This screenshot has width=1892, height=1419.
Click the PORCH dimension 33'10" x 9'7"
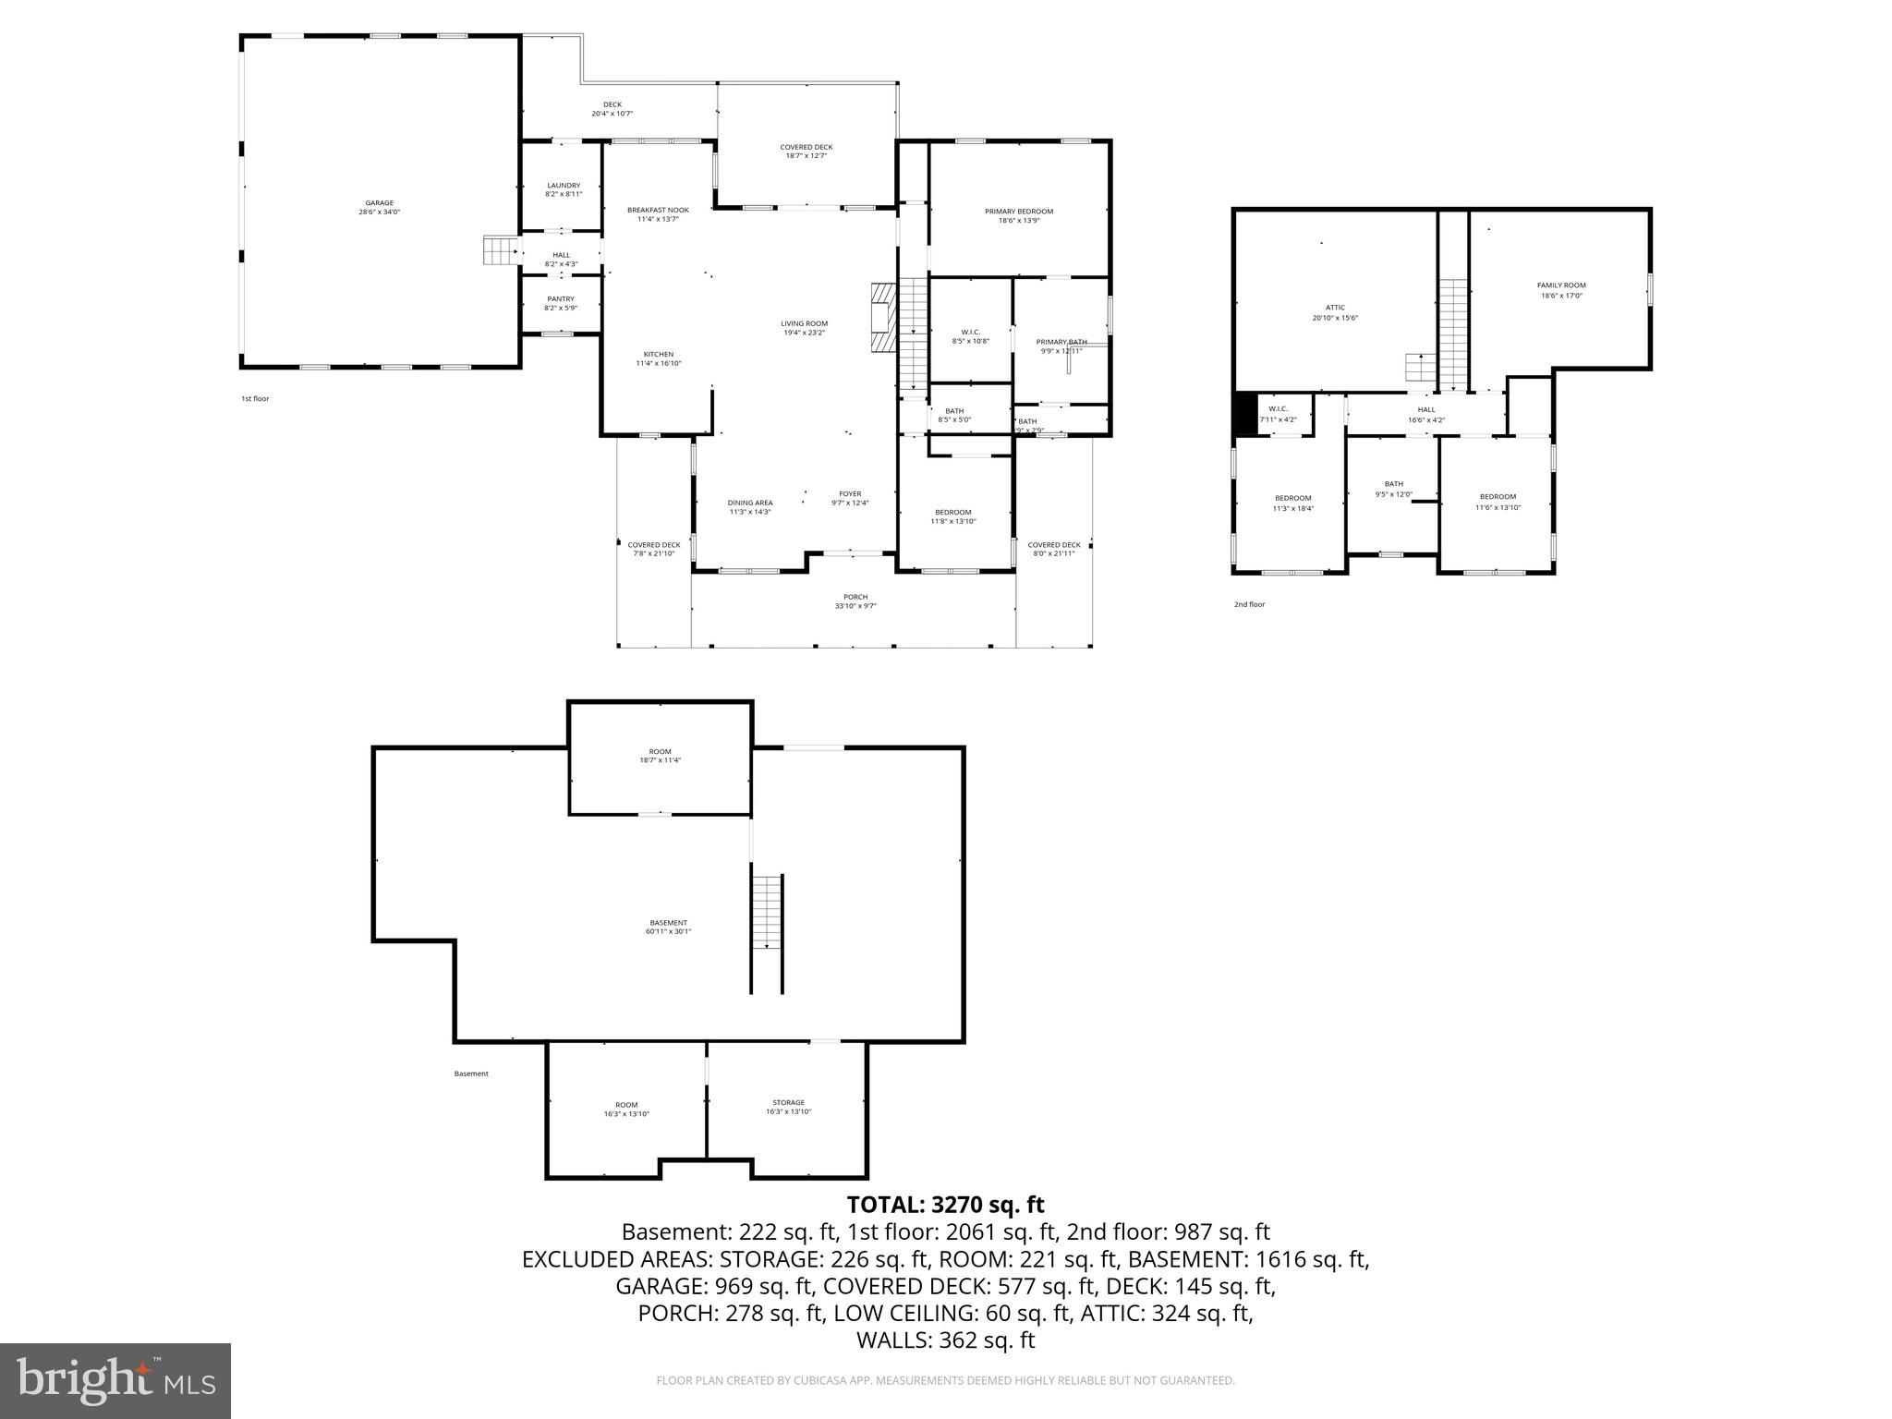(x=855, y=606)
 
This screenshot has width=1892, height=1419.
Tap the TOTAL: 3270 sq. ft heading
(x=945, y=1205)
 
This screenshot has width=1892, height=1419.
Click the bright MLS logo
(x=115, y=1380)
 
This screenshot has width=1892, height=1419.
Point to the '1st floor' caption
(x=255, y=399)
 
